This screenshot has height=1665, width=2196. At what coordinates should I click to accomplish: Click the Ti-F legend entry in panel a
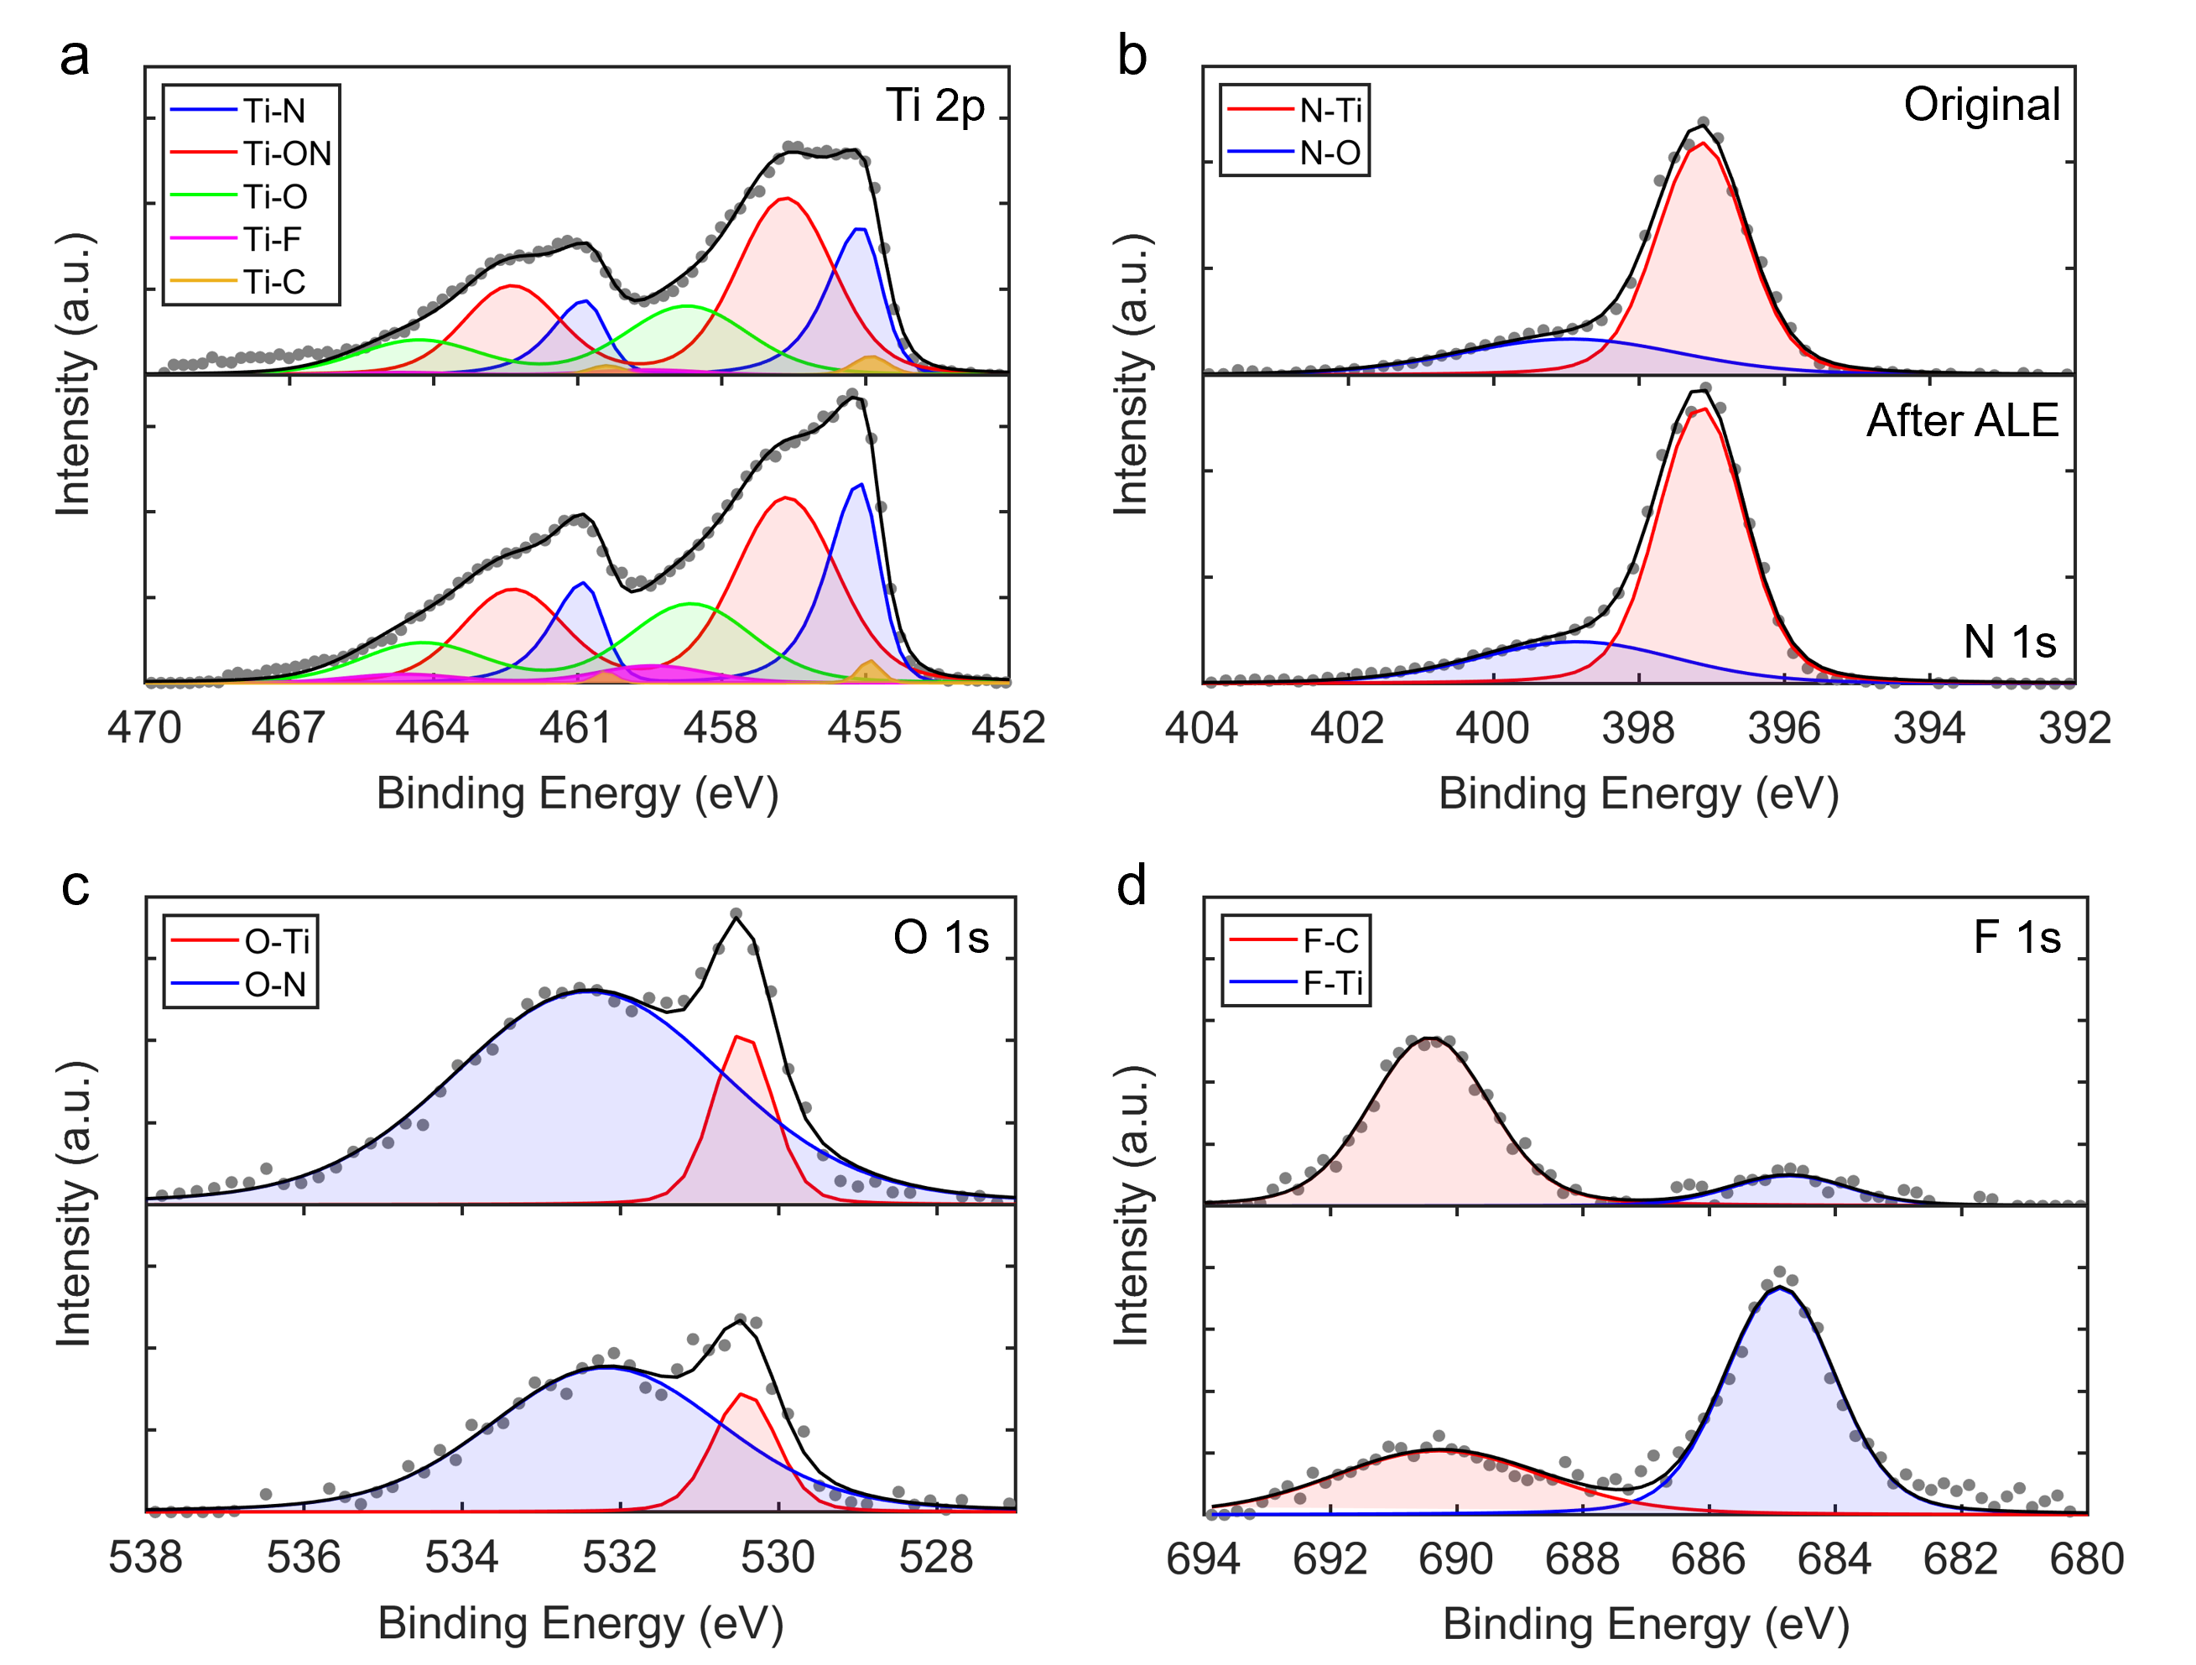[x=272, y=239]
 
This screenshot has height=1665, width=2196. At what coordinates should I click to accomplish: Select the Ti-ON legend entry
[x=287, y=153]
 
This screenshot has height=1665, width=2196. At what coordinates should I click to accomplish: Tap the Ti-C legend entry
[x=274, y=282]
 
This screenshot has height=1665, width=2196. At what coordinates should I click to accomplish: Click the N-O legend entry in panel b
[x=1330, y=153]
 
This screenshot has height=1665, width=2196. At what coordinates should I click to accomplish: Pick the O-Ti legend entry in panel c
[x=277, y=940]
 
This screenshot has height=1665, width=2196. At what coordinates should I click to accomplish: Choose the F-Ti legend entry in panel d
[x=1332, y=983]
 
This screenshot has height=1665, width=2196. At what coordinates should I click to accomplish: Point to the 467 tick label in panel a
[x=288, y=728]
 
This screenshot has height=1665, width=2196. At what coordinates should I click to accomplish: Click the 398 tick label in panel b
[x=1638, y=728]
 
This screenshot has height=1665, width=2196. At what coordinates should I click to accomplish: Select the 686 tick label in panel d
[x=1708, y=1558]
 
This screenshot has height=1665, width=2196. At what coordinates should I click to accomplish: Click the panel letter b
[x=1132, y=55]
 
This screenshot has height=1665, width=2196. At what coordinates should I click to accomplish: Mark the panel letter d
[x=1132, y=885]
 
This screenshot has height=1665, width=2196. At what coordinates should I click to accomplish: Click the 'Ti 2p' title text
[x=934, y=105]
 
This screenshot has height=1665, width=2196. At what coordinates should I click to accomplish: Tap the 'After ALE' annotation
[x=1962, y=420]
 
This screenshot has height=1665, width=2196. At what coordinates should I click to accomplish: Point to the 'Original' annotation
[x=1981, y=104]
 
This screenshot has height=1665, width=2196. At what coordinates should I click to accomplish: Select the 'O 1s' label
[x=941, y=936]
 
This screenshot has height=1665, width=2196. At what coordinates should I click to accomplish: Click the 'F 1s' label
[x=2016, y=936]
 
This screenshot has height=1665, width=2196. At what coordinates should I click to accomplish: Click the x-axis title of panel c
[x=580, y=1623]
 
